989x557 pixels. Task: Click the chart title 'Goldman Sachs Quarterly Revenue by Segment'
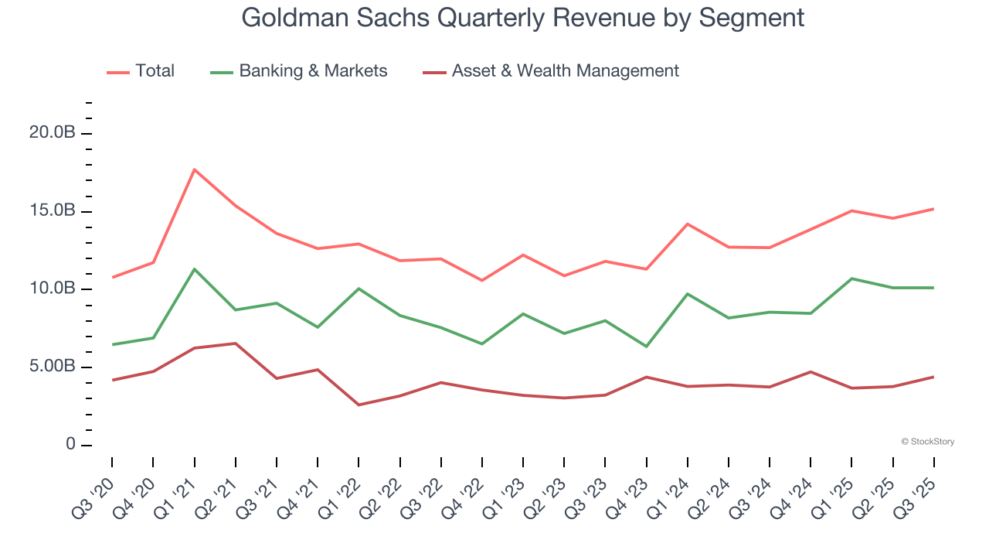[x=522, y=17]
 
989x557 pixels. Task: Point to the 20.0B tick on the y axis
[x=52, y=133]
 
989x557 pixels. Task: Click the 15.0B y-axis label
[x=52, y=211]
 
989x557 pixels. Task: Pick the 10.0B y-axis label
[x=52, y=289]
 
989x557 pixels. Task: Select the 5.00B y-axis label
[x=52, y=367]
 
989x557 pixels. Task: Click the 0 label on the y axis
[x=70, y=445]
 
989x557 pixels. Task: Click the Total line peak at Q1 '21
[x=194, y=169]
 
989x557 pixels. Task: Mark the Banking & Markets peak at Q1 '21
[x=194, y=269]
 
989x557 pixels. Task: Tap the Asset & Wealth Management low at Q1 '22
[x=359, y=405]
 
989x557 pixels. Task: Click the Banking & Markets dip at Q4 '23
[x=646, y=347]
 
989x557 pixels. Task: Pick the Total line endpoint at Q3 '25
[x=933, y=209]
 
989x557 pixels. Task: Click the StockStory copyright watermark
[x=927, y=442]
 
